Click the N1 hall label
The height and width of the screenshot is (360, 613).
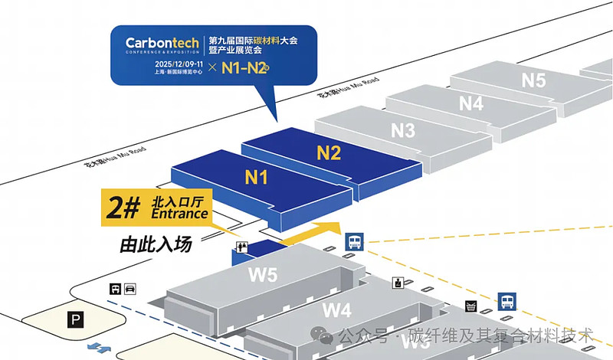click(x=256, y=178)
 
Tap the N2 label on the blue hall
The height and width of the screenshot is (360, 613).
click(x=329, y=152)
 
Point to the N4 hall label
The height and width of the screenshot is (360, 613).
click(x=471, y=103)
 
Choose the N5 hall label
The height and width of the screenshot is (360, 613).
click(x=533, y=79)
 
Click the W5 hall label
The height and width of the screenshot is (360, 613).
click(x=263, y=275)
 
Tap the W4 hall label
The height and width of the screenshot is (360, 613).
click(x=336, y=310)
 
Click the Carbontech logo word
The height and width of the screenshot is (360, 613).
click(x=164, y=43)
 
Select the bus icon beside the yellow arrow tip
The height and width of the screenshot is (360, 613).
click(x=354, y=241)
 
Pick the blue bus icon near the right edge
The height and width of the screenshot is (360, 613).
click(x=506, y=300)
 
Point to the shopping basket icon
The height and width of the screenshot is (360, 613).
click(x=470, y=306)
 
